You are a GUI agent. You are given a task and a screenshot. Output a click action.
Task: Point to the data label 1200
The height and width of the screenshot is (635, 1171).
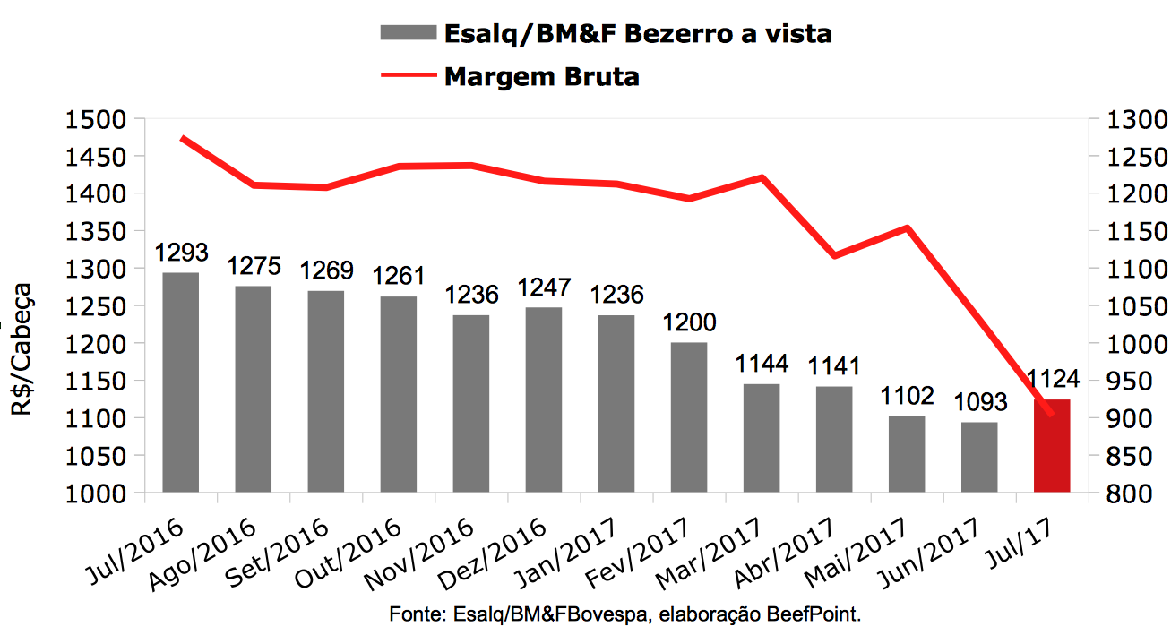pos(689,323)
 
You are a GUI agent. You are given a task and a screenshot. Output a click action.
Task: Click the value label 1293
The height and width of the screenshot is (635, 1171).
pos(181,252)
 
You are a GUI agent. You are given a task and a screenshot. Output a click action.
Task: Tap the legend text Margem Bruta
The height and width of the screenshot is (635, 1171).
pos(541,77)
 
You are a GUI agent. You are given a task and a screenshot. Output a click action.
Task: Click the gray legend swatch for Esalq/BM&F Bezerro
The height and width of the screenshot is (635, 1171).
pos(406,33)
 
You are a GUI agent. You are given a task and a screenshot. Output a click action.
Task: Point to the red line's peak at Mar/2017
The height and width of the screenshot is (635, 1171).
pos(762,177)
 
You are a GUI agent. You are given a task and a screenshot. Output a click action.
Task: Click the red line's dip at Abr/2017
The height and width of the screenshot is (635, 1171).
pos(834,256)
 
